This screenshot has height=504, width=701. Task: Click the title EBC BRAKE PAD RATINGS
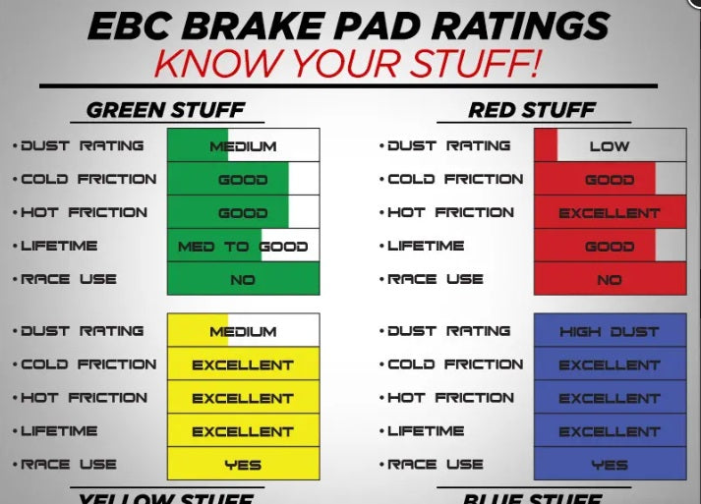pyautogui.click(x=350, y=25)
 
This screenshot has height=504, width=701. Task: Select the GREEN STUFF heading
pyautogui.click(x=164, y=109)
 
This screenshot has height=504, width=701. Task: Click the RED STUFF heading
pyautogui.click(x=531, y=109)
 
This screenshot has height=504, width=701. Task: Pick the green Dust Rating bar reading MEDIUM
pyautogui.click(x=243, y=145)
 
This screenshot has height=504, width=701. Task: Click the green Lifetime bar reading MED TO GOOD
pyautogui.click(x=243, y=246)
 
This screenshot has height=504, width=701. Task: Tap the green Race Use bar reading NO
pyautogui.click(x=243, y=279)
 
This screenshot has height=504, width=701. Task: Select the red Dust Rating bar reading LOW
pyautogui.click(x=610, y=145)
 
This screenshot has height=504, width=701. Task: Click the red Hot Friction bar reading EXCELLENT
pyautogui.click(x=610, y=212)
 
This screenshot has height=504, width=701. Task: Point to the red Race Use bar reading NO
pyautogui.click(x=610, y=279)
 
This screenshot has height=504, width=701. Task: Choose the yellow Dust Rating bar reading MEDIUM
pyautogui.click(x=243, y=331)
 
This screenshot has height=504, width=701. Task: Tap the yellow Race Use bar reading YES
pyautogui.click(x=243, y=464)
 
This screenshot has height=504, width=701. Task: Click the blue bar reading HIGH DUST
pyautogui.click(x=610, y=331)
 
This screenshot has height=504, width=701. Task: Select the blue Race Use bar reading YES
pyautogui.click(x=610, y=464)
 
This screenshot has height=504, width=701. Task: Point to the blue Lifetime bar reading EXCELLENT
pyautogui.click(x=610, y=430)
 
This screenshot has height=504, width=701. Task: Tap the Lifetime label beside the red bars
pyautogui.click(x=426, y=246)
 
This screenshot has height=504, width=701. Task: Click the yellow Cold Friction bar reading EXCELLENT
pyautogui.click(x=243, y=364)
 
